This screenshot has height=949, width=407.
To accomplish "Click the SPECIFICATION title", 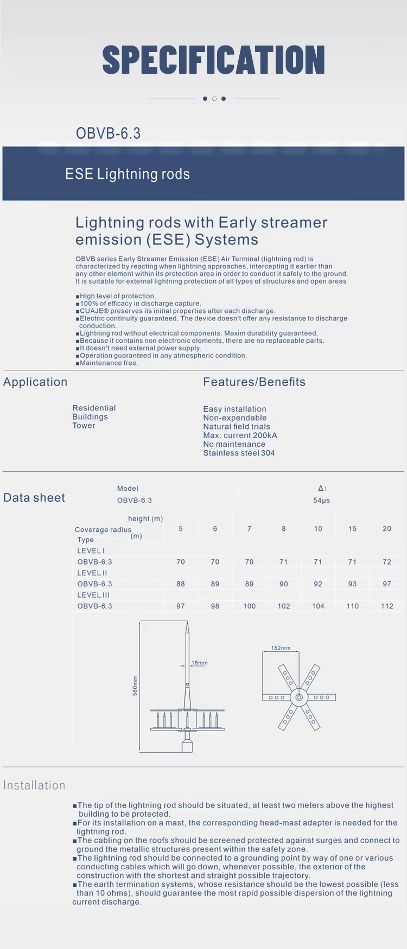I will (213, 60).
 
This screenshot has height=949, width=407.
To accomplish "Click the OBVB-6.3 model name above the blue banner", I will (108, 133).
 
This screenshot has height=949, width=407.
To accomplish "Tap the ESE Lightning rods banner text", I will (128, 174).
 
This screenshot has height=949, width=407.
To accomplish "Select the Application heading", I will (35, 382).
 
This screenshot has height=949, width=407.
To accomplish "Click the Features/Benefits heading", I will (254, 382).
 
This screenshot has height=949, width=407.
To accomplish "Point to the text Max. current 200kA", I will (240, 435).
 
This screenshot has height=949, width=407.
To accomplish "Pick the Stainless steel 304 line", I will (239, 453).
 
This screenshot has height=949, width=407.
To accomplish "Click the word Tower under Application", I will (84, 426).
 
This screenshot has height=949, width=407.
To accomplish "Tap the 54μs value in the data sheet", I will (321, 500).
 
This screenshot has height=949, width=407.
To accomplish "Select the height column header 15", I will (352, 529).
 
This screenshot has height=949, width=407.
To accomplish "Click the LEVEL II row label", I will (92, 573).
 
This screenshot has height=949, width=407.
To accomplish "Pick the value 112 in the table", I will (386, 606).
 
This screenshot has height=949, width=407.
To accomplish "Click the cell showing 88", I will (181, 584).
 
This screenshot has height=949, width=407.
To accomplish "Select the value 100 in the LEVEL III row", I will (249, 606).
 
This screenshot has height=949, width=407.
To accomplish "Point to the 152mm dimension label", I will (281, 648).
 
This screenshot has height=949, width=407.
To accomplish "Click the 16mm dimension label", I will (200, 663).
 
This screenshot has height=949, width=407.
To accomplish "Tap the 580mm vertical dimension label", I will (135, 686).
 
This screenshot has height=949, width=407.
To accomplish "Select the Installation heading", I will (34, 785).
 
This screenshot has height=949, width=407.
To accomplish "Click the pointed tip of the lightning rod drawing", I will (187, 625).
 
